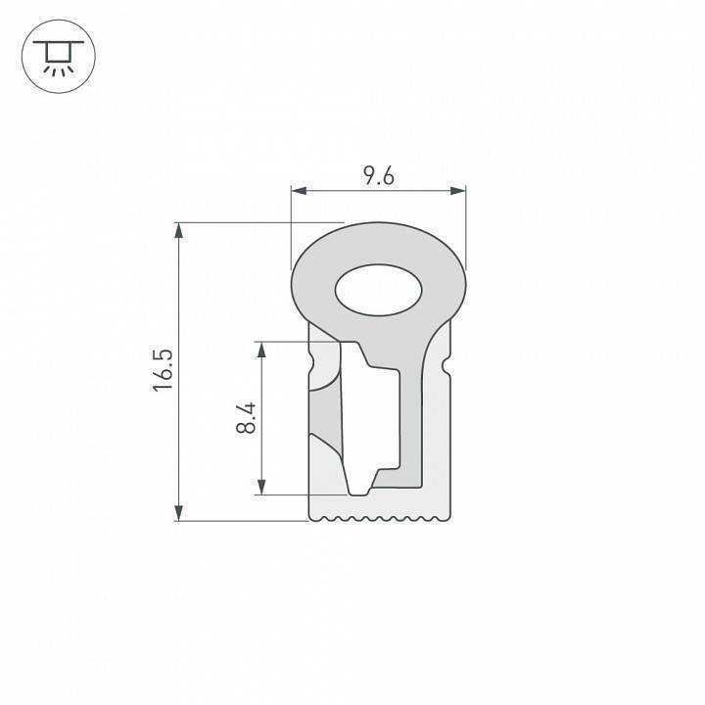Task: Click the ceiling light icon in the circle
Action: pos(57,58)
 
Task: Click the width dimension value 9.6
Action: pos(378,176)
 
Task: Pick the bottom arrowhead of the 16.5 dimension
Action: pos(178,513)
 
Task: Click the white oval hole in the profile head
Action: pos(379,291)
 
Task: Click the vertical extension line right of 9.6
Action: pos(465,225)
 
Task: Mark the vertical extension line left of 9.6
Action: pos(292,225)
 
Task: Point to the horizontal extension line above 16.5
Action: pos(255,222)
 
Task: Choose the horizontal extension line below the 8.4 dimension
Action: pos(304,494)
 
